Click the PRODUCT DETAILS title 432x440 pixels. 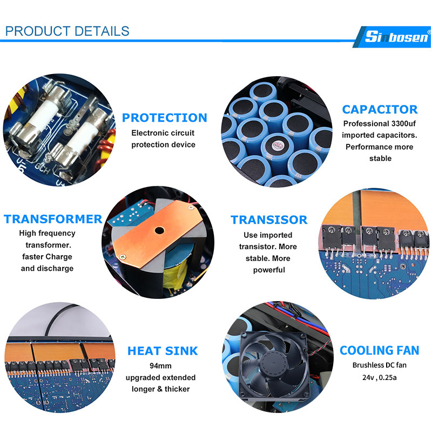click(67, 31)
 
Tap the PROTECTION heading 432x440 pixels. click(165, 118)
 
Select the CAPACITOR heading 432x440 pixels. click(380, 109)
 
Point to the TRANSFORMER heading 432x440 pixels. click(53, 219)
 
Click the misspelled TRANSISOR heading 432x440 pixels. click(269, 220)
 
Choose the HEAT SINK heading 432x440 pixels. click(163, 351)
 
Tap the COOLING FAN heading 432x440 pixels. click(379, 350)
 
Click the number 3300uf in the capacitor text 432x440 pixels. click(403, 123)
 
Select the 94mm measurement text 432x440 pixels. click(160, 365)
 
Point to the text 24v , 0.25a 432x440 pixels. click(379, 377)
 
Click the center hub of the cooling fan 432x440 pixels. click(272, 363)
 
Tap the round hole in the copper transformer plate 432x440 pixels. click(159, 230)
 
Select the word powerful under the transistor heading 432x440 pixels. click(269, 270)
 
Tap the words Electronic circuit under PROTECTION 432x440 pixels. click(163, 133)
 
